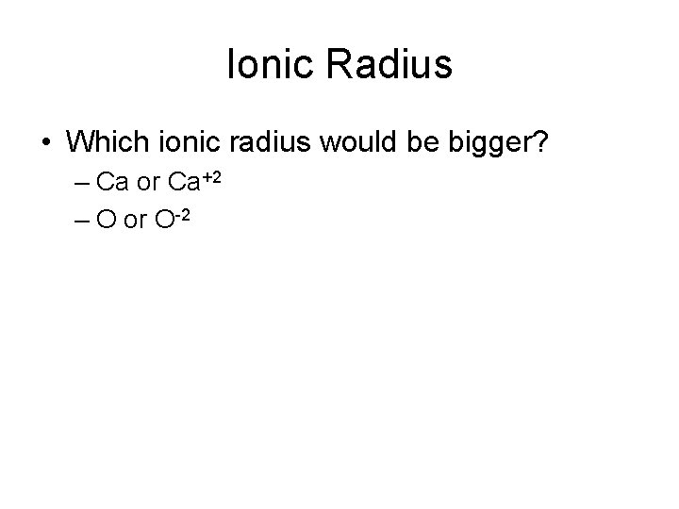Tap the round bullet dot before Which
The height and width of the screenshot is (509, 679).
[x=46, y=143]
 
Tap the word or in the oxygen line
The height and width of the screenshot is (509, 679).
[x=134, y=221]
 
